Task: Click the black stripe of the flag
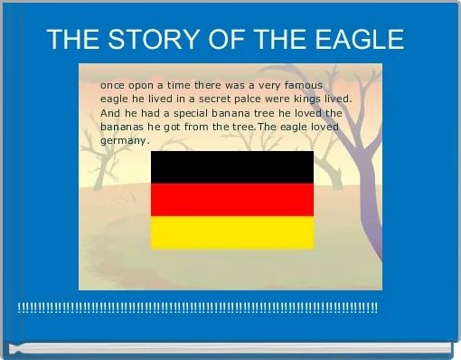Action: pyautogui.click(x=231, y=166)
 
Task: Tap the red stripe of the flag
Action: pyautogui.click(x=231, y=199)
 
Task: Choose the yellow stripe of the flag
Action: pyautogui.click(x=231, y=232)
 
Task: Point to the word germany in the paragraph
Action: pyautogui.click(x=123, y=141)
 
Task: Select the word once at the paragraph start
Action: pyautogui.click(x=112, y=83)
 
